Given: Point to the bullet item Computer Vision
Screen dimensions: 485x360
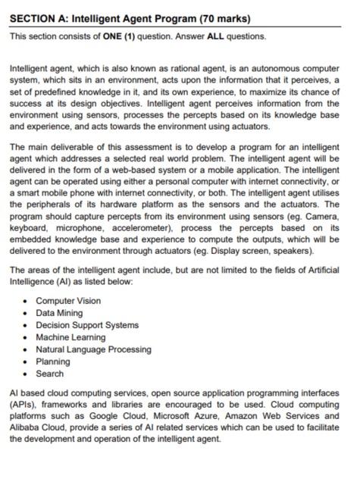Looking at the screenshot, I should (x=68, y=301).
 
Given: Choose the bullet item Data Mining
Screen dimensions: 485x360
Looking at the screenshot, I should (x=58, y=313).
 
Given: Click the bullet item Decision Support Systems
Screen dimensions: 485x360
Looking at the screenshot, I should (x=87, y=325).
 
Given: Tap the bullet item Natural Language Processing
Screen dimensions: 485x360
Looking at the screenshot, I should (x=93, y=349).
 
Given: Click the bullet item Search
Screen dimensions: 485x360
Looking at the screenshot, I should (x=49, y=374).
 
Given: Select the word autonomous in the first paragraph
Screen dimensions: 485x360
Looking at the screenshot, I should (x=258, y=68).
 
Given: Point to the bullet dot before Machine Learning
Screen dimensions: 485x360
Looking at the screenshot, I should (x=27, y=337).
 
